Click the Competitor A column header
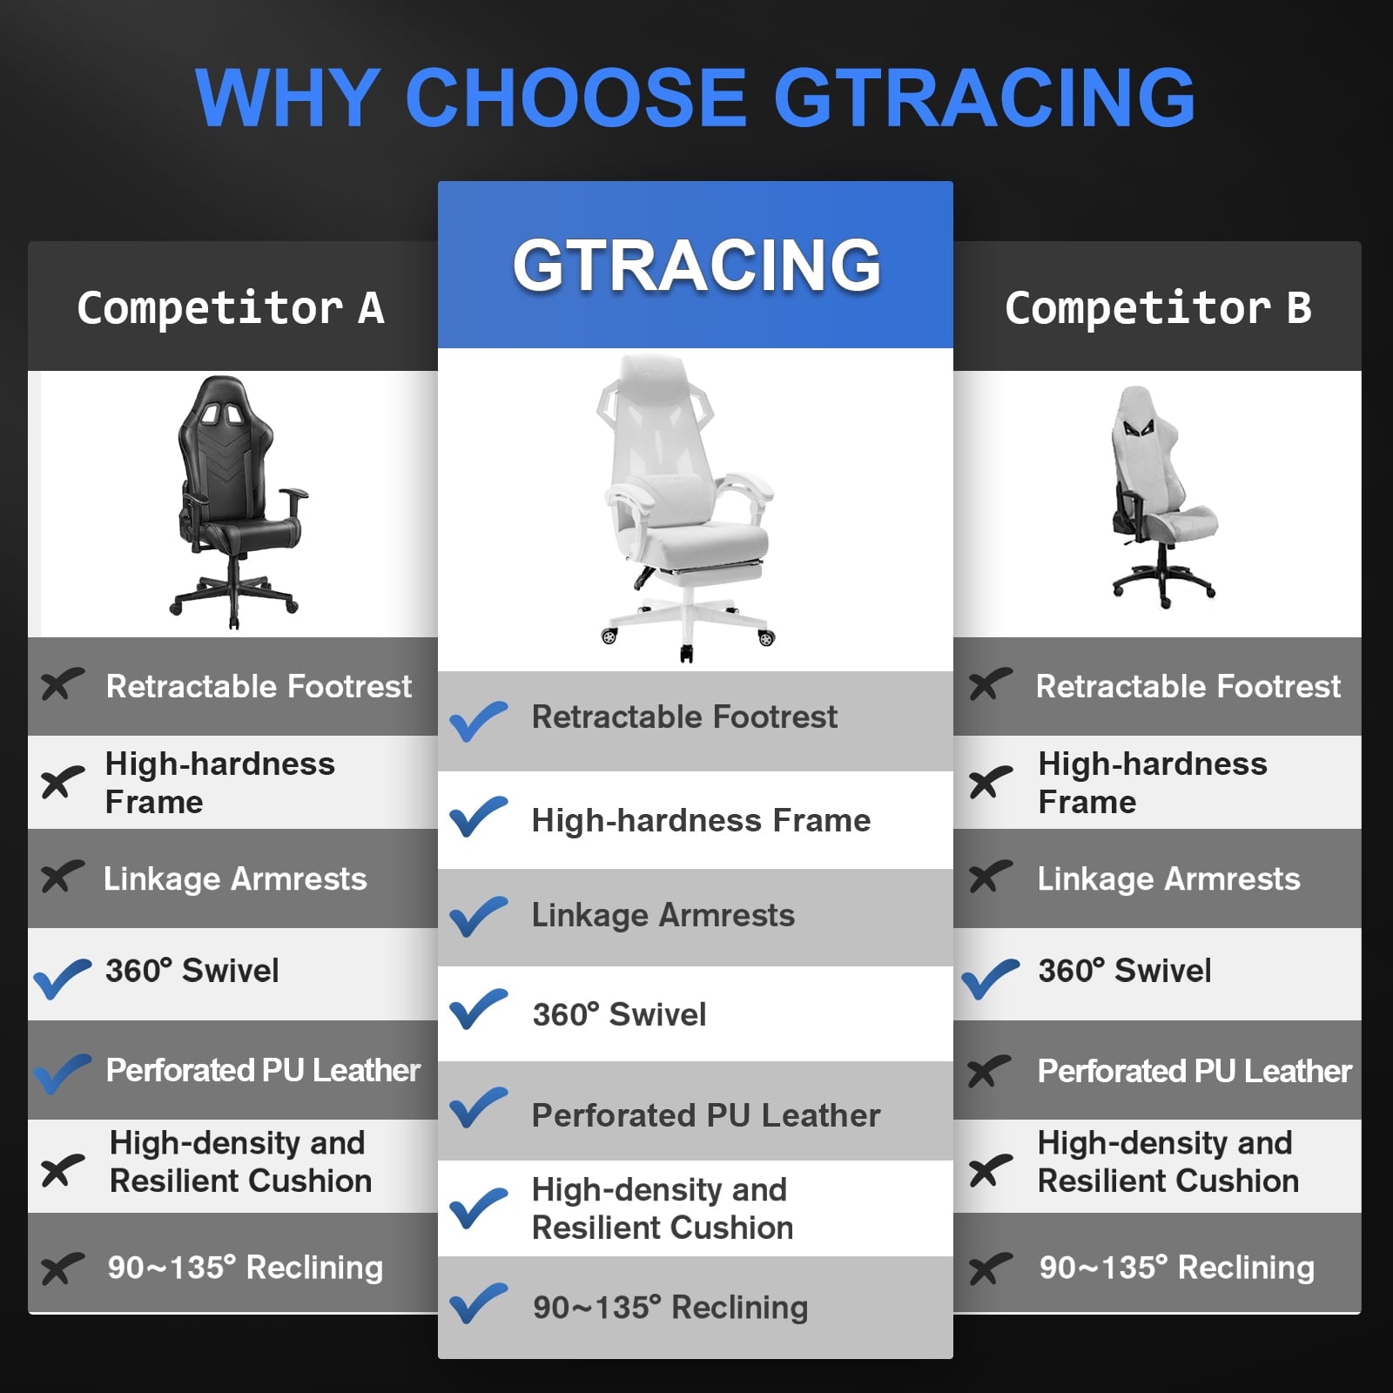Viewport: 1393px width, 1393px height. click(x=231, y=308)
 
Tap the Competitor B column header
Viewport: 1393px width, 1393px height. click(x=1158, y=308)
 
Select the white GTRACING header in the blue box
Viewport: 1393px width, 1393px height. click(x=696, y=265)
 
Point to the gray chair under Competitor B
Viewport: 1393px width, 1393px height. click(x=1162, y=496)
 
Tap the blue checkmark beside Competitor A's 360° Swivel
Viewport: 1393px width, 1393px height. click(x=62, y=978)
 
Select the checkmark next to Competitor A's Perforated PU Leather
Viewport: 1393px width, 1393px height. click(x=62, y=1073)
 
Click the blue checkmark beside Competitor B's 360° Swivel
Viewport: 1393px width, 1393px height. click(x=990, y=978)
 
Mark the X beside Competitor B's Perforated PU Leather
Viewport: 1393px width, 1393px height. click(x=990, y=1072)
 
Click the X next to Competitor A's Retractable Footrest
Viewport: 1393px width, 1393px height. click(x=62, y=684)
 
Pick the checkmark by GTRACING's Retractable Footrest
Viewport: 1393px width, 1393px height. click(x=478, y=720)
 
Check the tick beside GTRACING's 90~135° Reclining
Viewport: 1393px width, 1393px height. click(x=478, y=1303)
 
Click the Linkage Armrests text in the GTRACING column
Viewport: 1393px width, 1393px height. click(x=663, y=915)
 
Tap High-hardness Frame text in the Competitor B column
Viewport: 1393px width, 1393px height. click(x=1152, y=783)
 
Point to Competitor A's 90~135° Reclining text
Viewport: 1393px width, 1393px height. click(x=245, y=1268)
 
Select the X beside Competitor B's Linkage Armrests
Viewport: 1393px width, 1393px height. click(x=990, y=877)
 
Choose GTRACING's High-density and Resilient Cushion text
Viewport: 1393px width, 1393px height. click(x=662, y=1208)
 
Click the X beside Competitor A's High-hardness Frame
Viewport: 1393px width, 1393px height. click(x=62, y=782)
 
